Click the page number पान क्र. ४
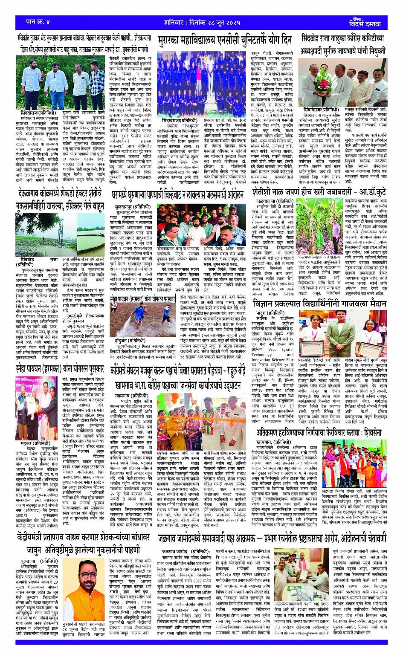click(38, 22)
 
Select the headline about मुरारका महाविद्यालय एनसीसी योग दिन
click(225, 40)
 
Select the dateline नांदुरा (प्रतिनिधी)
click(270, 313)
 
